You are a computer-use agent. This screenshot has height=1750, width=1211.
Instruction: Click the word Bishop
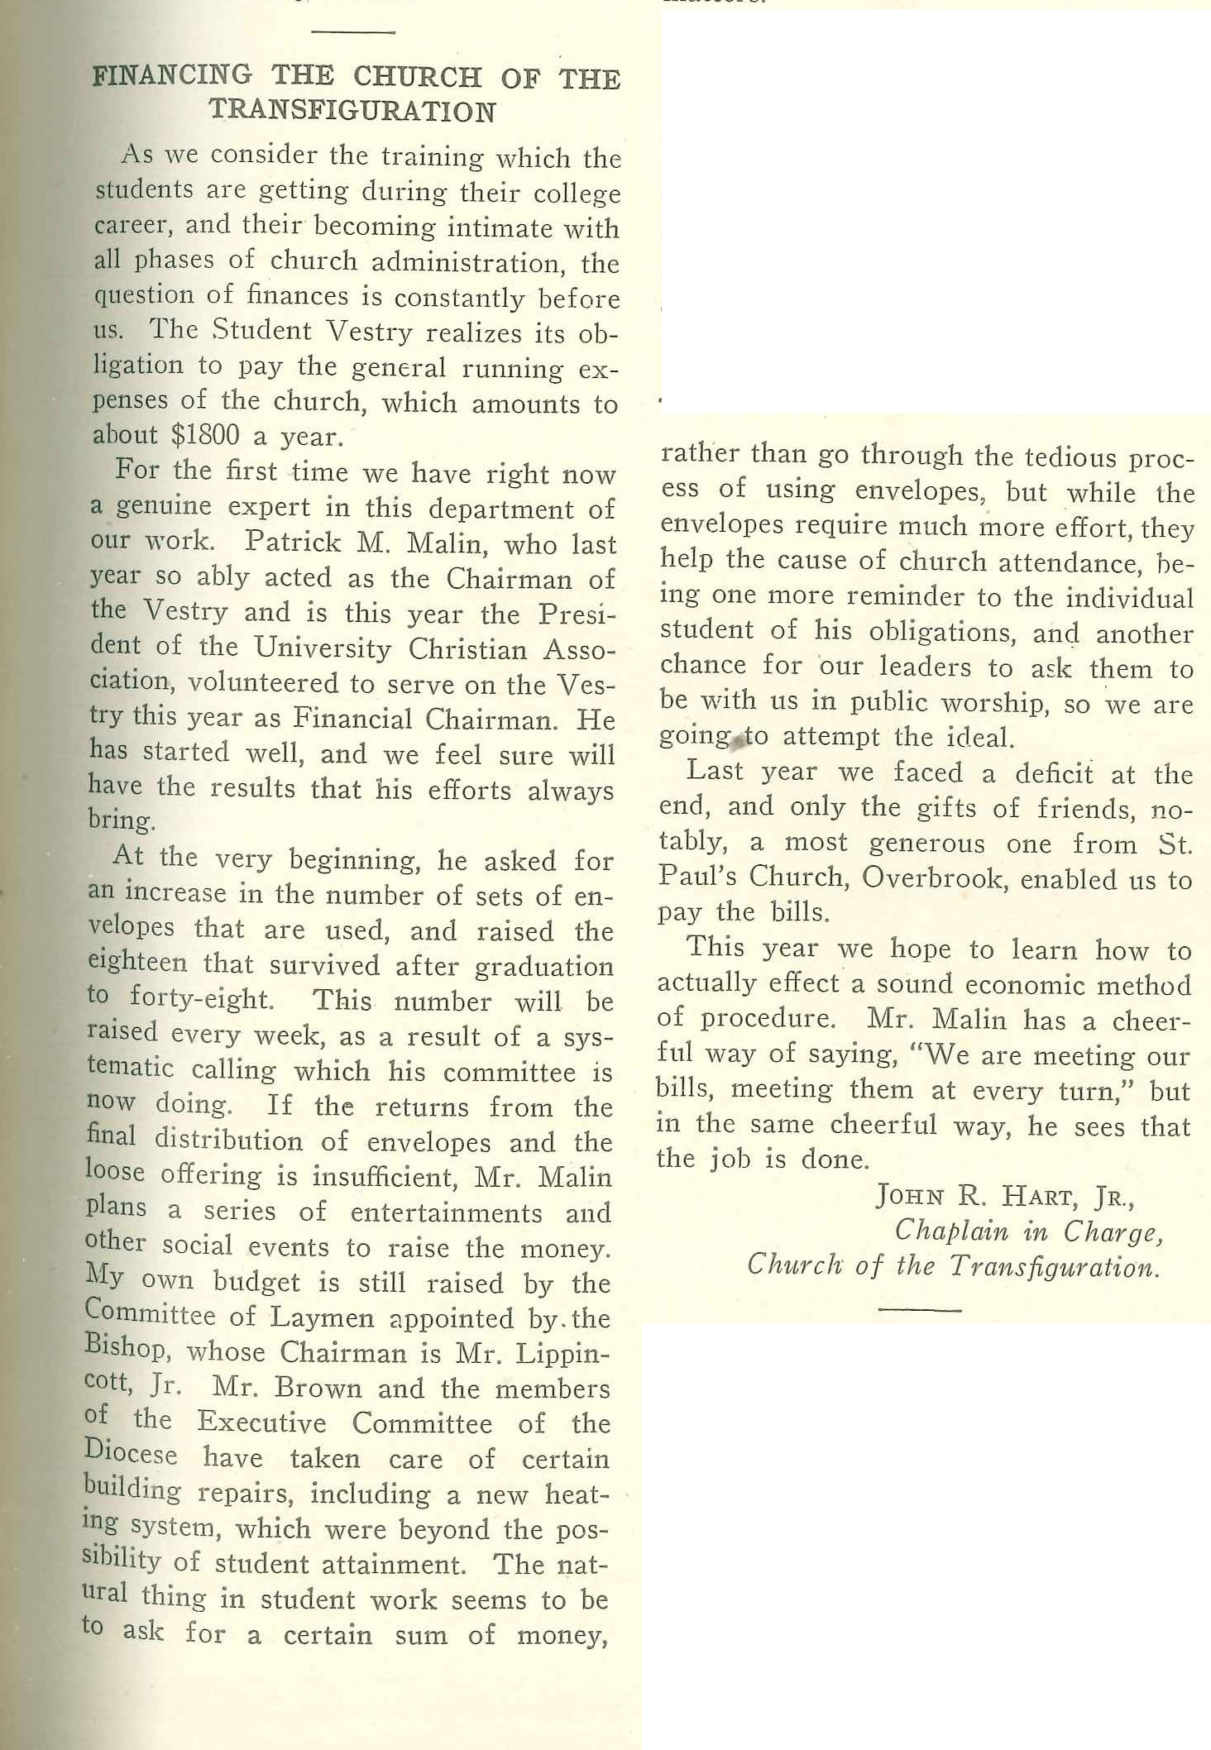click(x=126, y=1350)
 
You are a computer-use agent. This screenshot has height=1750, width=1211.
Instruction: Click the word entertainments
click(x=446, y=1212)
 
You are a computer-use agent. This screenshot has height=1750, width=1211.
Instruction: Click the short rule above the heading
click(x=353, y=32)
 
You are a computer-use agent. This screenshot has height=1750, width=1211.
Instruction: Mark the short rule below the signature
click(x=919, y=1309)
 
